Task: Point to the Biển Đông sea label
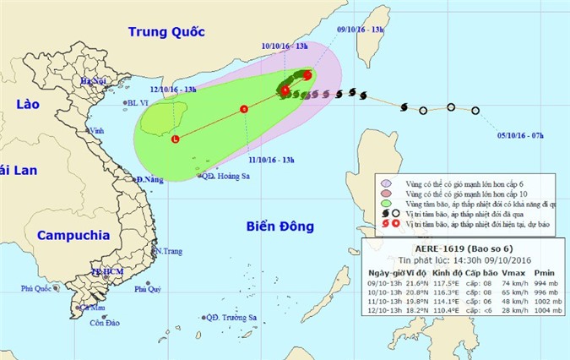click(279, 226)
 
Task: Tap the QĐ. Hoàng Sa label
click(231, 177)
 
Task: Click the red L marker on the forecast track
click(175, 139)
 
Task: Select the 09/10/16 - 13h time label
click(361, 29)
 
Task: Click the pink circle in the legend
click(386, 194)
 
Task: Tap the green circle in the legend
click(386, 205)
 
